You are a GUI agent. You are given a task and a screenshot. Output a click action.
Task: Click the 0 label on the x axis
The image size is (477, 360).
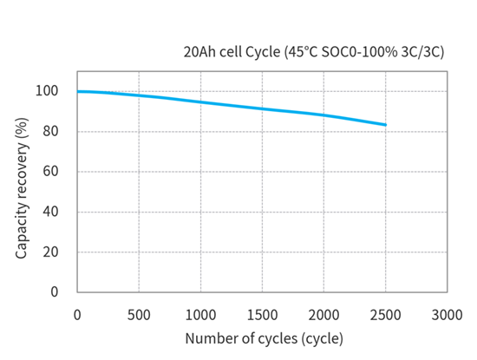tap(78, 313)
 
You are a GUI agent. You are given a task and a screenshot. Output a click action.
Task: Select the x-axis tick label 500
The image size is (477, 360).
tap(140, 313)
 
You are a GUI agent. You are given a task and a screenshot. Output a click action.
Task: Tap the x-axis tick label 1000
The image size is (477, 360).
tap(201, 313)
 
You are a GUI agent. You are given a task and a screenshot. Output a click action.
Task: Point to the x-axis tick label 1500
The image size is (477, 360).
tap(263, 313)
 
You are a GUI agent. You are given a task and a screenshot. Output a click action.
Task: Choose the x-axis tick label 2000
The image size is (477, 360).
tap(324, 313)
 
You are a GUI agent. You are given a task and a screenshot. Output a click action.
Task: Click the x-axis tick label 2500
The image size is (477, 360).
tap(386, 313)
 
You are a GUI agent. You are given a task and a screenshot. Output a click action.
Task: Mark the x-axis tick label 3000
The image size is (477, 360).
tap(448, 313)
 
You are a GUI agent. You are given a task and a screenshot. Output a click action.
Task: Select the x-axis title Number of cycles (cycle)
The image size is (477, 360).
tap(264, 337)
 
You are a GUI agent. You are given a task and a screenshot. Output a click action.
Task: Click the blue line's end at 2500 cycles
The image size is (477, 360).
tap(385, 125)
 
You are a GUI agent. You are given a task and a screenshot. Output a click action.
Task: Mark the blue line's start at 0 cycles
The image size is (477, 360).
tap(79, 91)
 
